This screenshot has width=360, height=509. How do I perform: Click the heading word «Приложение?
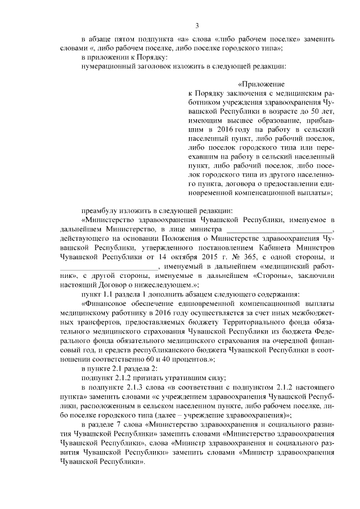pos(261,83)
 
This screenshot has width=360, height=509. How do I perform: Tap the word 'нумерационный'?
pos(107,66)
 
